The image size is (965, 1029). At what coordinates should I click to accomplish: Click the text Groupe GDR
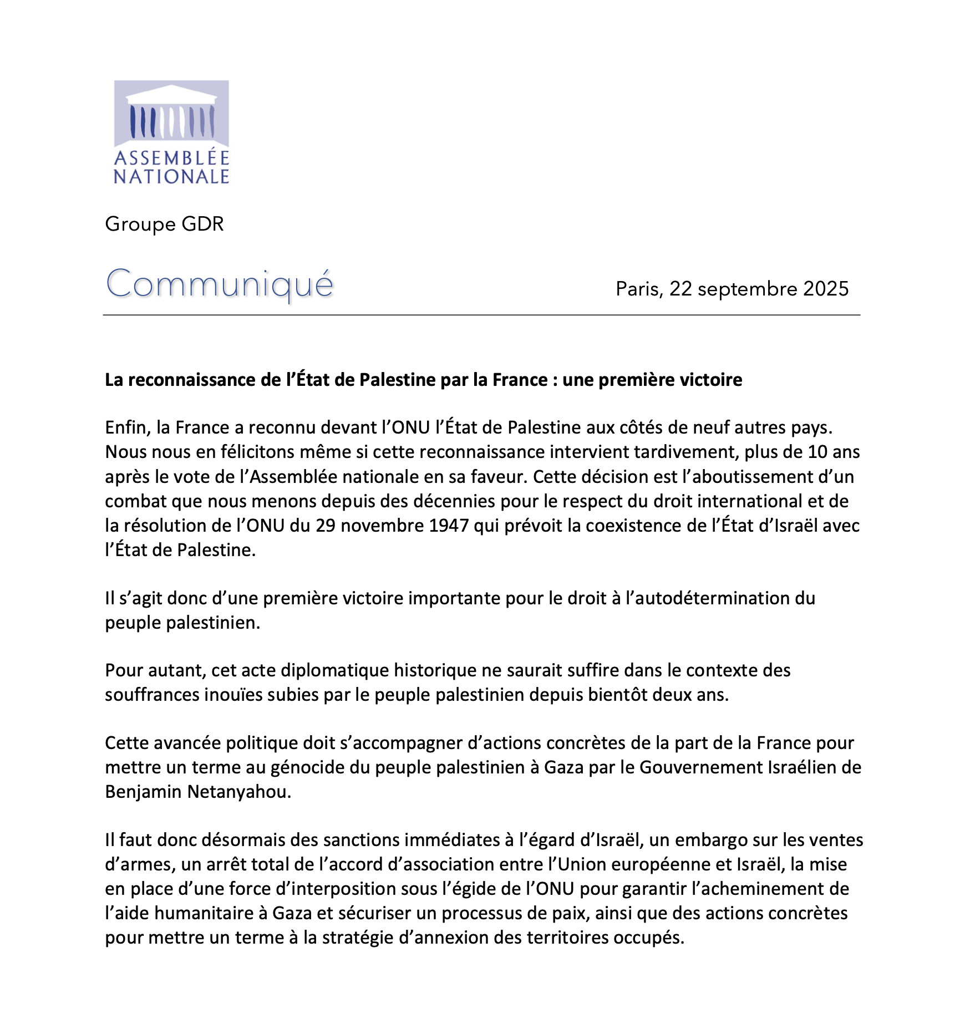click(164, 224)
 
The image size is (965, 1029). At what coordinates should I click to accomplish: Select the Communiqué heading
click(220, 284)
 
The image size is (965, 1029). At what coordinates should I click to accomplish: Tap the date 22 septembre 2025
click(759, 289)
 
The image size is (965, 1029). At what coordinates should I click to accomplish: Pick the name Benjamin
click(144, 792)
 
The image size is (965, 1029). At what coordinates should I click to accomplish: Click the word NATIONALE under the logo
click(171, 177)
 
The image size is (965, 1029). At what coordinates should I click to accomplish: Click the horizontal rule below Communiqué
click(481, 315)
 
